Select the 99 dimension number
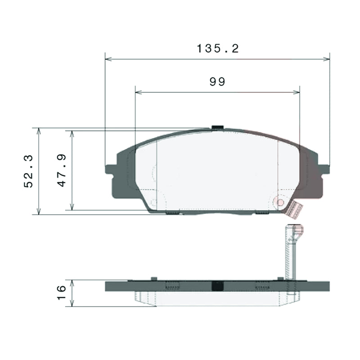[217, 81]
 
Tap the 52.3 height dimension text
[28, 171]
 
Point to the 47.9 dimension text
[62, 171]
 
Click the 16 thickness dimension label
[62, 293]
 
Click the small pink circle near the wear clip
[280, 202]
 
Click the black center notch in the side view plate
[218, 286]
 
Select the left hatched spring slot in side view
[172, 285]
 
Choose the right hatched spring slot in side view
[262, 285]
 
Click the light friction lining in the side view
[211, 299]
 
